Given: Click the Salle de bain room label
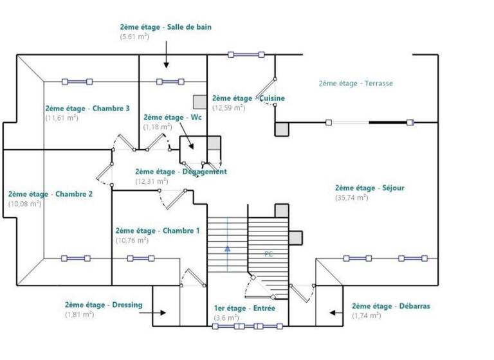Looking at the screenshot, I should pos(165,27).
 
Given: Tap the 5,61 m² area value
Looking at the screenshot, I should pos(134,37).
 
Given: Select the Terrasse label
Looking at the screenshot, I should pos(355,83).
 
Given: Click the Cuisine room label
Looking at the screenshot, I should pos(248,98).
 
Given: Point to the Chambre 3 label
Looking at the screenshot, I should pos(87,109).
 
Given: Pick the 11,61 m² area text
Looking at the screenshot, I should pos(62,118).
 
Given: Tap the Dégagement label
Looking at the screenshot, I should pos(181,172).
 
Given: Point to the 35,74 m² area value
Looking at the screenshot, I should pos(351,197).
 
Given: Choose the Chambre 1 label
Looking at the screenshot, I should pos(158,231).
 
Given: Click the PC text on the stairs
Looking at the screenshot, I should pos(269,254).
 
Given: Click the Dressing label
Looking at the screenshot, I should pos(104,305).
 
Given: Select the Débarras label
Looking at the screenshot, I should pos(391,307).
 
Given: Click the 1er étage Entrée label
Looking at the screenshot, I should pos(244,309).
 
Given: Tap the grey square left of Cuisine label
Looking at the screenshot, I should pos(199,102).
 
